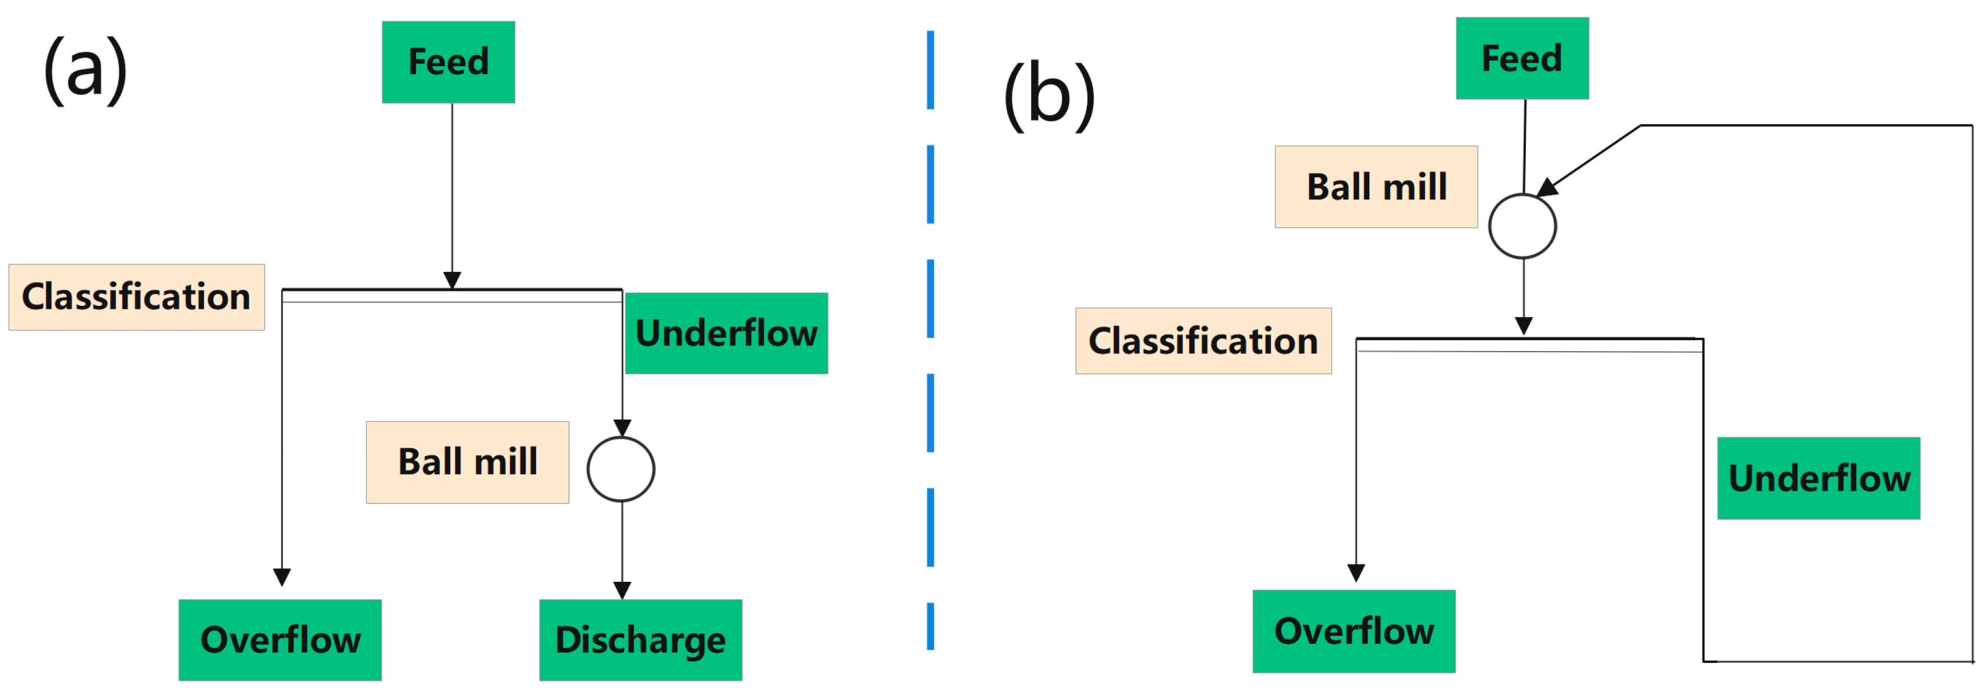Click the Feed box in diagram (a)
pos(448,61)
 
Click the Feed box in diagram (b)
pos(1521,59)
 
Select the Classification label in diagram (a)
pos(136,297)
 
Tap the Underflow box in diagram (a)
pos(726,333)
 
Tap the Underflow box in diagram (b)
pos(1818,478)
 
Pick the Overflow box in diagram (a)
pos(280,639)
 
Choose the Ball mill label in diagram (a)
pos(467,462)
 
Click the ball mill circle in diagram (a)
pos(621,469)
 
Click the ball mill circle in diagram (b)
pos(1522,226)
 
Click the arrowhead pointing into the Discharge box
pos(622,590)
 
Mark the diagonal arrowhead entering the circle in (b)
pos(1547,187)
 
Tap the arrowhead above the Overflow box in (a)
pos(282,577)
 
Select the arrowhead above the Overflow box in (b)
pos(1356,572)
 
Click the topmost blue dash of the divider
pos(931,70)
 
